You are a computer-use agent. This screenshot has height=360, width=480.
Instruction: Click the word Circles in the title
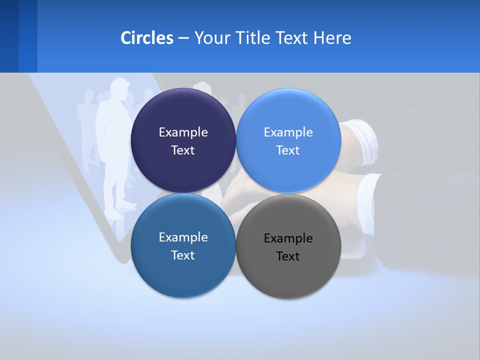tap(146, 38)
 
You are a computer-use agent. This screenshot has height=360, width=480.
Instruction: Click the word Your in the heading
tap(212, 38)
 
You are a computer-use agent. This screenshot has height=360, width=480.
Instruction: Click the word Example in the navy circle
tap(183, 132)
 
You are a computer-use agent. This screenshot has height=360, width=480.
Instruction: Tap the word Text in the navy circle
tap(183, 150)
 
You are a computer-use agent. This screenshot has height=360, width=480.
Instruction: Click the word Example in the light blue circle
tap(288, 132)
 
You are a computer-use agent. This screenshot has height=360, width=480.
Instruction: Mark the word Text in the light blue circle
tap(288, 150)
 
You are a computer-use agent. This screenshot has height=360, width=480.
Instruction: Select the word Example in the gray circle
tap(288, 238)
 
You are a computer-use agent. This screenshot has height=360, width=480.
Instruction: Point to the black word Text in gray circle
tap(288, 256)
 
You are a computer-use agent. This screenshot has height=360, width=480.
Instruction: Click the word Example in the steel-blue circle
tap(183, 237)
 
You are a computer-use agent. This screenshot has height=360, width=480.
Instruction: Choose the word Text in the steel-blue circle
tap(183, 255)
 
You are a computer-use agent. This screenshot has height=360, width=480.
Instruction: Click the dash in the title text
tap(183, 38)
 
